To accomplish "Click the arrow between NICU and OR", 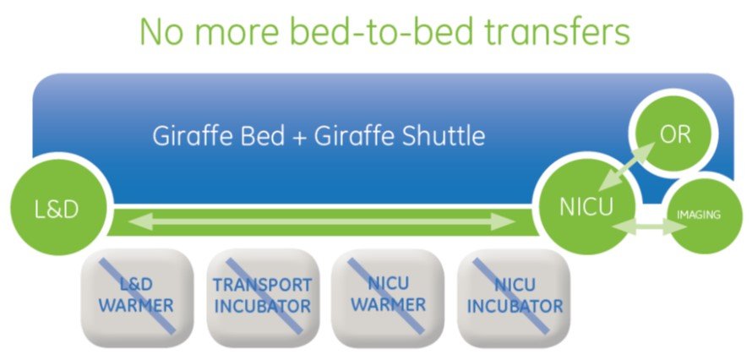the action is pos(627,166).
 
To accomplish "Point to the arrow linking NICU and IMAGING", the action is pos(651,226).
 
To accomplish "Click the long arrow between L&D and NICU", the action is pos(322,221).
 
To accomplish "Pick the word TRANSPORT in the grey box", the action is pos(262,285).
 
